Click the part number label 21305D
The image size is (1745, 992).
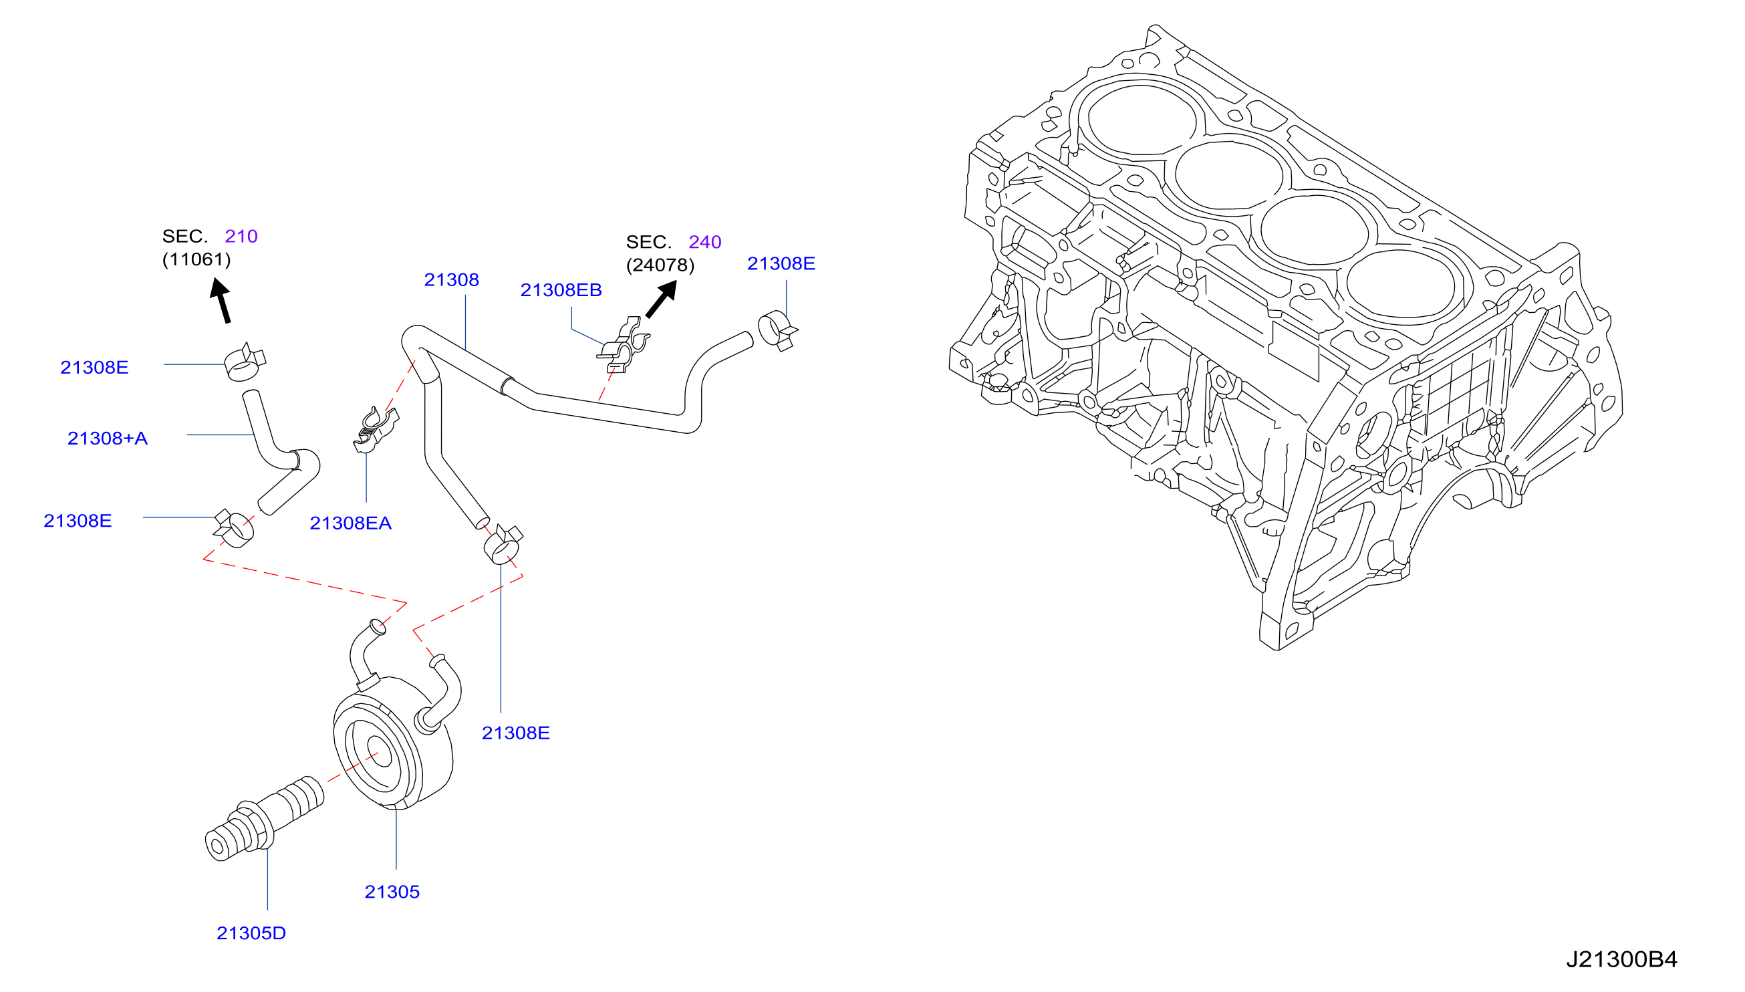coord(251,933)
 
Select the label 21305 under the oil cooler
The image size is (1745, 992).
coord(392,891)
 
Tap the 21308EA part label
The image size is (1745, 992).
coord(350,523)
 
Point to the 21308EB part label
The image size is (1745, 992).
coord(561,289)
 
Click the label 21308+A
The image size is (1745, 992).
coord(107,437)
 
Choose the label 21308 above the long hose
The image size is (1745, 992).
coord(451,279)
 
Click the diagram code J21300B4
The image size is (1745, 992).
coord(1621,959)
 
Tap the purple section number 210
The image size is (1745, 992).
coord(241,236)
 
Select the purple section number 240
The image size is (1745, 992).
coord(704,242)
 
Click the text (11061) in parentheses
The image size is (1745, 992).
coord(196,259)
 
